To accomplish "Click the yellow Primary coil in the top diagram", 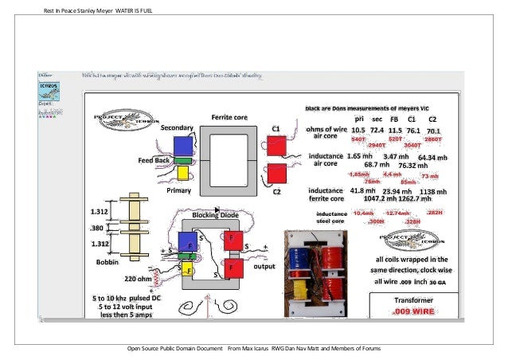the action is click(182, 173).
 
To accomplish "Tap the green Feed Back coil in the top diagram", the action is click(182, 160).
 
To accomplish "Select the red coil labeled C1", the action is click(276, 146).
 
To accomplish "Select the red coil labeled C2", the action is click(276, 172).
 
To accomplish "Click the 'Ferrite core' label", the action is click(229, 118).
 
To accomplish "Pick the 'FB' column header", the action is click(395, 118).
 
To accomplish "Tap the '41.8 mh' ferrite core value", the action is click(362, 191).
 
